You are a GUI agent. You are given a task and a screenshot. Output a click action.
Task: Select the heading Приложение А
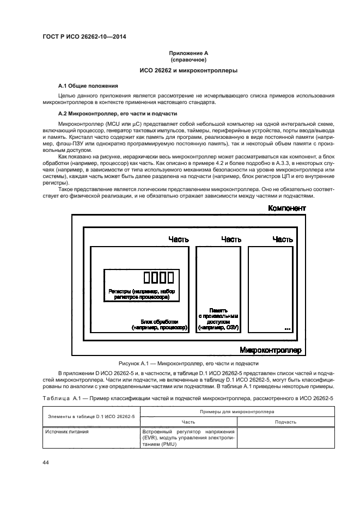pyautogui.click(x=188, y=53)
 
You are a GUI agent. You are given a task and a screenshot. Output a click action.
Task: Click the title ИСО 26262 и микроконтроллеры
pyautogui.click(x=188, y=71)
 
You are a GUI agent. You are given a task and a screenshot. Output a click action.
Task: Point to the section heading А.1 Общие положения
pyautogui.click(x=88, y=86)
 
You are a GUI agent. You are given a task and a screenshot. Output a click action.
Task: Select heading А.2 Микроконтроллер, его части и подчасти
pyautogui.click(x=118, y=114)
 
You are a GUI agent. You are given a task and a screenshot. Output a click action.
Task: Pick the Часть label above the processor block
pyautogui.click(x=179, y=239)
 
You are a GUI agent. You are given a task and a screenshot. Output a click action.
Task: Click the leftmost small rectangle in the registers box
pyautogui.click(x=147, y=277)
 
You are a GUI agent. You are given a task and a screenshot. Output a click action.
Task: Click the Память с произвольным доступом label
pyautogui.click(x=218, y=319)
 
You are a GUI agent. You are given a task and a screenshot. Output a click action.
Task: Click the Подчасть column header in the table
pyautogui.click(x=286, y=422)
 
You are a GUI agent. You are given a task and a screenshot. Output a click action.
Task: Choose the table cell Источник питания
pyautogui.click(x=67, y=431)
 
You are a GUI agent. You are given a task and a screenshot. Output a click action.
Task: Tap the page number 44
pyautogui.click(x=46, y=462)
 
